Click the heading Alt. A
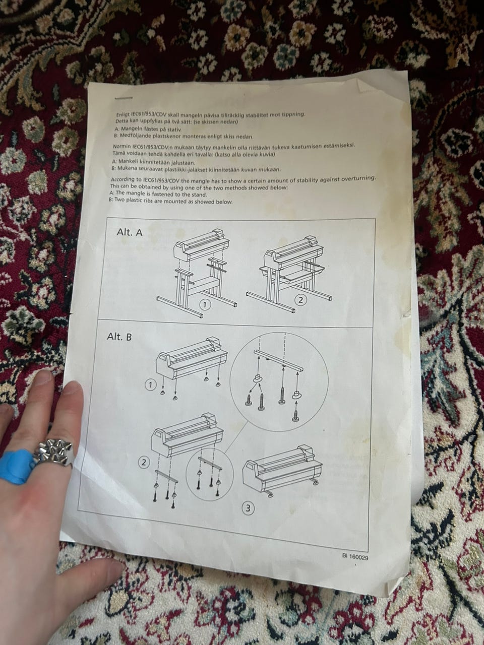(130, 232)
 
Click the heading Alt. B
(119, 337)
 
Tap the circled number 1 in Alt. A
(206, 305)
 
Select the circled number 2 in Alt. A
(300, 300)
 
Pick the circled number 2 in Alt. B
(144, 463)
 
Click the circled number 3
(248, 508)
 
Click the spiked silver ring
(54, 451)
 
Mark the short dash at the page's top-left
(124, 98)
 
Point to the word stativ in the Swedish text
(174, 130)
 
